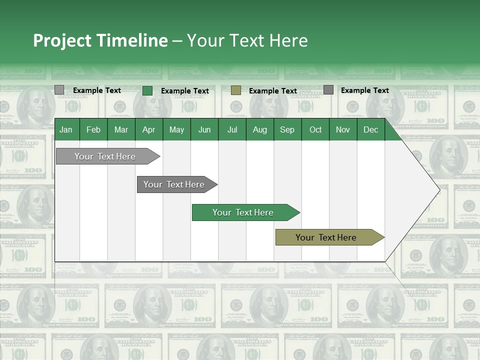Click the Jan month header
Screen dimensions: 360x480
[x=66, y=129]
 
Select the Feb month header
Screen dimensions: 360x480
[x=93, y=129]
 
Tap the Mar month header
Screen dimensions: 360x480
[x=121, y=129]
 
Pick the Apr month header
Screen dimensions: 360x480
[x=149, y=129]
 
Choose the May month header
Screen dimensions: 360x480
[x=176, y=129]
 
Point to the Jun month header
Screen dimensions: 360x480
[x=204, y=129]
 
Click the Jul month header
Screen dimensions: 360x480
[x=232, y=129]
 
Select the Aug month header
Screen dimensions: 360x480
[x=260, y=129]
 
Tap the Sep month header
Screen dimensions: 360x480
[x=287, y=129]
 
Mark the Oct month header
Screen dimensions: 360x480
[x=315, y=129]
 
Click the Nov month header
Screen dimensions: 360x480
[x=343, y=129]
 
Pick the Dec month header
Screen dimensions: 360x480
[x=371, y=129]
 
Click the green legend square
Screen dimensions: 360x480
[x=147, y=90]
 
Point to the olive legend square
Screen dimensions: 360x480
[x=236, y=90]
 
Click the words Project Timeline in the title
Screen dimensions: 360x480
[x=100, y=40]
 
